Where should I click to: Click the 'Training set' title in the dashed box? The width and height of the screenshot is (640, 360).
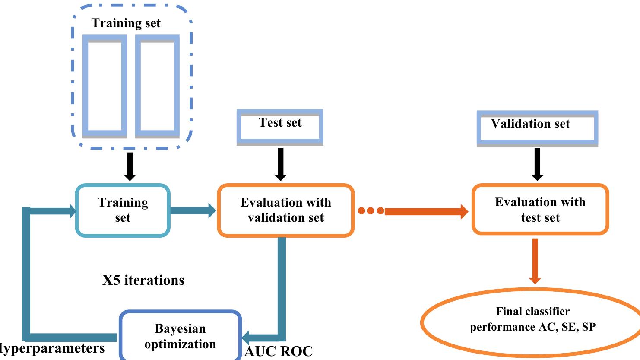pos(126,23)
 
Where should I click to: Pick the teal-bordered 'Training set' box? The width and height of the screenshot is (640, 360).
pos(123,210)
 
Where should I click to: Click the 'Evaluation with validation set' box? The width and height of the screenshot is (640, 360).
pos(285,210)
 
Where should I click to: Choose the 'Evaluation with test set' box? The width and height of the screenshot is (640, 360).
pos(540,210)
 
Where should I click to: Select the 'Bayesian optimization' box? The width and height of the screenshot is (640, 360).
pos(180,336)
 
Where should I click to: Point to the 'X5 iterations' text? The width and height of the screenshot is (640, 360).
pos(143,280)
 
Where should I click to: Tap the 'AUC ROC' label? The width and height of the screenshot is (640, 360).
pos(279,351)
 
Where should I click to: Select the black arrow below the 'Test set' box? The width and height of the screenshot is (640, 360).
pos(281,164)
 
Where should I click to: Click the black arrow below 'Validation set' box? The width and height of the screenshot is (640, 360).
pos(537,164)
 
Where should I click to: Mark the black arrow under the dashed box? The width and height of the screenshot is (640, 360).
pos(130,166)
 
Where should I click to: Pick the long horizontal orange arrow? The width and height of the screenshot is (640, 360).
pos(425,211)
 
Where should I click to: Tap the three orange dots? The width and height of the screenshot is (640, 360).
pos(371,211)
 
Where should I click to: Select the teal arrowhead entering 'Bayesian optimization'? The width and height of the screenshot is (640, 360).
pos(247,336)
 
